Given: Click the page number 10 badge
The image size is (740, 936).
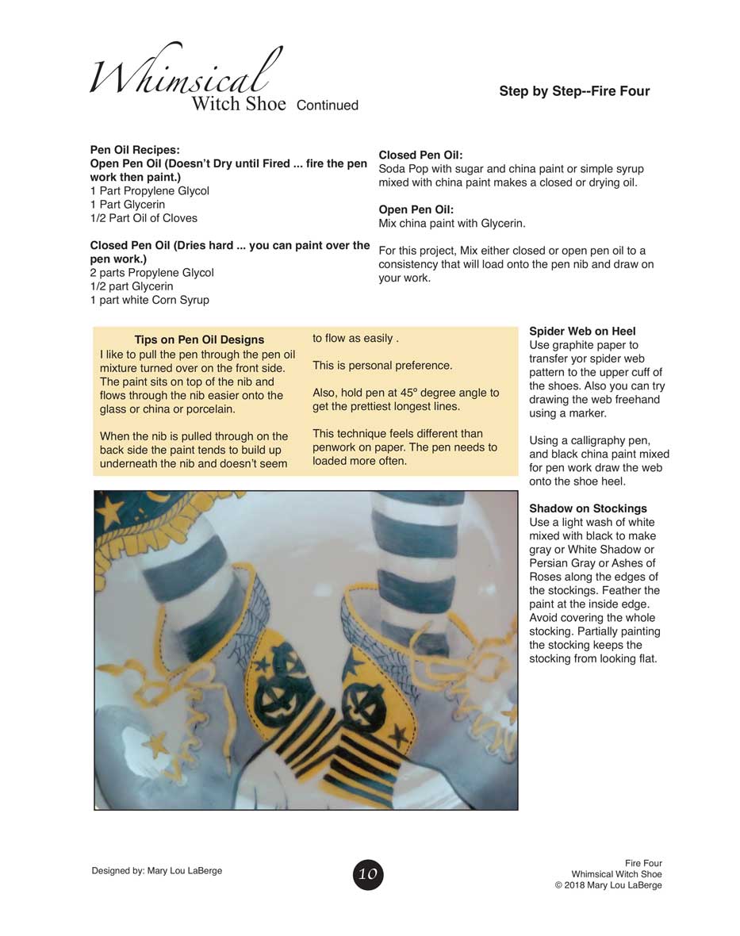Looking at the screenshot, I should tap(368, 874).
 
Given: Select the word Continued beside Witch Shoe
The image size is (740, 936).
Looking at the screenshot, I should tap(327, 105).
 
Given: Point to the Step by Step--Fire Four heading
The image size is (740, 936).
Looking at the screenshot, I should tap(574, 91).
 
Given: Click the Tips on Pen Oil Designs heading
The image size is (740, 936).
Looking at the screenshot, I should tap(199, 339).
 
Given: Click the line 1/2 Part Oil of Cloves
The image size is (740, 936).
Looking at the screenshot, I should tap(144, 218).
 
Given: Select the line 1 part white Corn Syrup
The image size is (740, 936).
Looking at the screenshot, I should tap(150, 300).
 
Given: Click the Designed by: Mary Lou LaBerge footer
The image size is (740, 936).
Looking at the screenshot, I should tap(157, 870).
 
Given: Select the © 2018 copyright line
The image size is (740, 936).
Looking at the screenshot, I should tap(608, 885).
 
